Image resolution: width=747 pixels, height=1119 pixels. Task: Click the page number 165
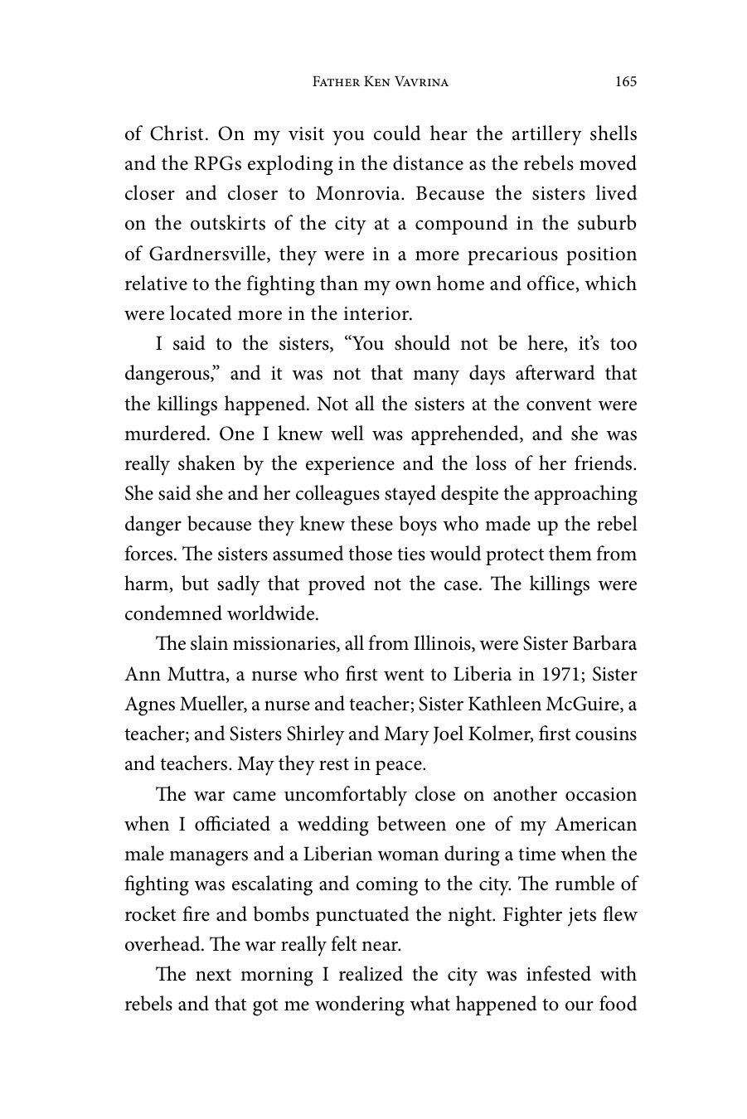(626, 81)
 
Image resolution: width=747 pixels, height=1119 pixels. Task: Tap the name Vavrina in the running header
(415, 82)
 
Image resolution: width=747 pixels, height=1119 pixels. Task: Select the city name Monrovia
(361, 194)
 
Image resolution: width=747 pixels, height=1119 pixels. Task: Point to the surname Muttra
(192, 675)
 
